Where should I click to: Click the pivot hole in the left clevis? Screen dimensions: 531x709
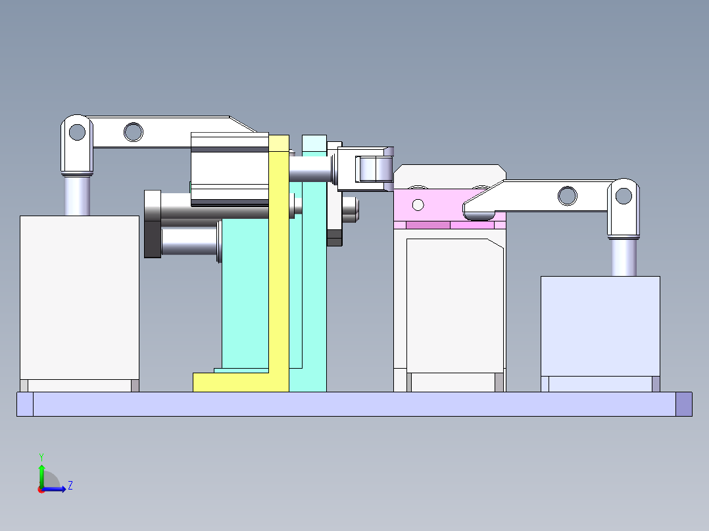77,132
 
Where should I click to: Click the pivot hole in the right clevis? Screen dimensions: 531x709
623,195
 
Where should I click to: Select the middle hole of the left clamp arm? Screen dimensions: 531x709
133,132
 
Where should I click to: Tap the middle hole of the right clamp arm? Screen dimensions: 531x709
567,195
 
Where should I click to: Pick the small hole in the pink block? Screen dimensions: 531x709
418,205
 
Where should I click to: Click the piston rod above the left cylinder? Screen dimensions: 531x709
77,195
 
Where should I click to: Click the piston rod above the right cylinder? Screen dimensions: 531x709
623,258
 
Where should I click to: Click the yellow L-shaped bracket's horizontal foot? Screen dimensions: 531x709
230,382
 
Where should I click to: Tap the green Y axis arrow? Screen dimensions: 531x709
41,472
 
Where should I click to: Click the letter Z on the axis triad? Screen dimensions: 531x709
70,486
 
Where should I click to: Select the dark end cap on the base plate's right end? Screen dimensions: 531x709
684,404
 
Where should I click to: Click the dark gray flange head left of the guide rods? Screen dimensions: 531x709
152,223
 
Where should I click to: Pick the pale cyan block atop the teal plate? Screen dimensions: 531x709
314,143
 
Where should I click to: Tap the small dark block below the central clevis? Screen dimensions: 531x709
334,237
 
